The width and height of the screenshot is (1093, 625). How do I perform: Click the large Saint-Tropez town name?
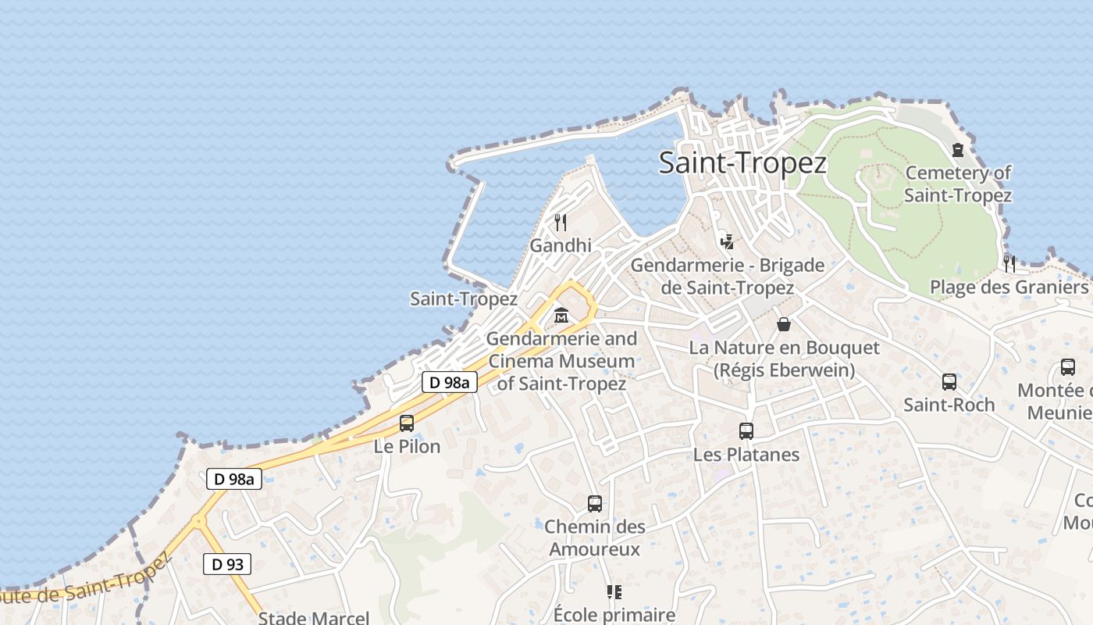click(742, 163)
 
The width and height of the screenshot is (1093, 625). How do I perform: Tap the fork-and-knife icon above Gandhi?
click(561, 223)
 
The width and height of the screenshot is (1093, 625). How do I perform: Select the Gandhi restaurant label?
click(561, 245)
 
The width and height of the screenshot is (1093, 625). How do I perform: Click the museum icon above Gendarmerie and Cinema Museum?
click(561, 316)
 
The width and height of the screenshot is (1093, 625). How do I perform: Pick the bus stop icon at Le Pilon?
click(407, 423)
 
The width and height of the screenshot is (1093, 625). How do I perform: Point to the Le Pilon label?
click(407, 446)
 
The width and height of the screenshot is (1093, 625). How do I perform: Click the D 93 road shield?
click(228, 564)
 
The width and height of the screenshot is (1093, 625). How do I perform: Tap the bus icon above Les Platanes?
click(746, 431)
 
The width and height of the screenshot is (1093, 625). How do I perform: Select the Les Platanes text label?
click(746, 454)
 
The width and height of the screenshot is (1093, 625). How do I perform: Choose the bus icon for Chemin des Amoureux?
click(595, 504)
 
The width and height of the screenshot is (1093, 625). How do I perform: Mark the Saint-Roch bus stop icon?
click(949, 382)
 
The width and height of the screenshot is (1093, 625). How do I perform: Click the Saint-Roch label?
click(949, 405)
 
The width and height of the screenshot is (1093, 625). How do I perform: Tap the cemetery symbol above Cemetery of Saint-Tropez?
click(958, 150)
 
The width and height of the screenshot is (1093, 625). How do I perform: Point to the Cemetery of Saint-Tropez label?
click(958, 184)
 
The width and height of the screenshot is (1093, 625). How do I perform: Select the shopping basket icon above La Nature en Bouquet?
click(784, 324)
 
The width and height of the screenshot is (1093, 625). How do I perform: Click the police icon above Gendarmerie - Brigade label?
click(728, 242)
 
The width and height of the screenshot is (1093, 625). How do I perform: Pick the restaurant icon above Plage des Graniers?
click(1009, 264)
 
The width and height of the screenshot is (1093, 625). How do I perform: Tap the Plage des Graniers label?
click(1009, 287)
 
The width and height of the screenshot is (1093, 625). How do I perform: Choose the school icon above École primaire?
click(614, 592)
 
